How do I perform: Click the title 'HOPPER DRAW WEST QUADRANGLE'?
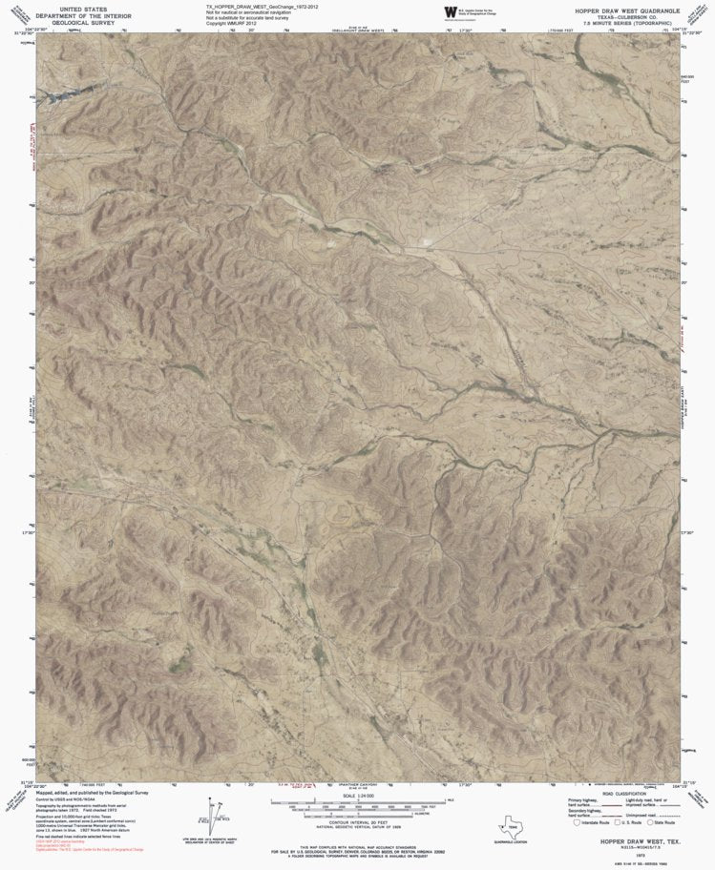click(627, 9)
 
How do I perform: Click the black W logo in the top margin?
click(450, 11)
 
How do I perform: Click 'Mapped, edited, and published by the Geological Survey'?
click(93, 792)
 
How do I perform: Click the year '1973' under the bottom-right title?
click(628, 856)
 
